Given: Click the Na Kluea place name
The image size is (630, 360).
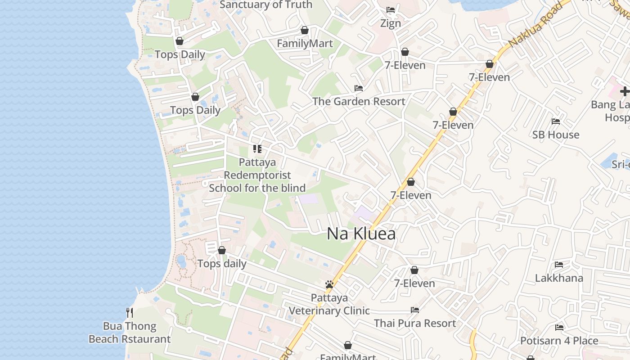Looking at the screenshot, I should (361, 234).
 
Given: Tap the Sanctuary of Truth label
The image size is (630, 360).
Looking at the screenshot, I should (265, 5).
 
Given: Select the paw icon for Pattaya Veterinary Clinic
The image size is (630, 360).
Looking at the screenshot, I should (329, 284).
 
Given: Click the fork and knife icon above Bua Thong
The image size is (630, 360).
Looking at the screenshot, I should (130, 312).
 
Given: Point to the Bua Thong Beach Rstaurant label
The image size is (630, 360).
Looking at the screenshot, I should (130, 333).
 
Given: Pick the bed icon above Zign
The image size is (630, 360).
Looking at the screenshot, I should (391, 10).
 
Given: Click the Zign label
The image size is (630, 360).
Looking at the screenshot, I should (391, 23).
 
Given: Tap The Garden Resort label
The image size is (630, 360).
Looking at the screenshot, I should (359, 101).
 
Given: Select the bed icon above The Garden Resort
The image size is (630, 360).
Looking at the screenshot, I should (359, 88).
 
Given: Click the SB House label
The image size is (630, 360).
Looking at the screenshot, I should (556, 135).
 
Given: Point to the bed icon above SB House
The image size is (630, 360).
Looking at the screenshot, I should (556, 121).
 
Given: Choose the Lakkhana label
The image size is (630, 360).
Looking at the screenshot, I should (559, 278).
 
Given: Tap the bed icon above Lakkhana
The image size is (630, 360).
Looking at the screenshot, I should (559, 264).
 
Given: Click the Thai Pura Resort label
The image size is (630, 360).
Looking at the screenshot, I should (415, 323).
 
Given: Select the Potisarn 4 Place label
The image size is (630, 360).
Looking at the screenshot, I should (559, 341).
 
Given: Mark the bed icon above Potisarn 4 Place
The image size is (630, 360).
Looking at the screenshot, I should (559, 327).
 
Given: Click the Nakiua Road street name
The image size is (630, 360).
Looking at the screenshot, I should (535, 25).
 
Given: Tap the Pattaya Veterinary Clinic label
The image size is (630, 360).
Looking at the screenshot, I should (329, 304).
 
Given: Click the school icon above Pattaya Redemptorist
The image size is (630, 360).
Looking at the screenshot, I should (257, 148).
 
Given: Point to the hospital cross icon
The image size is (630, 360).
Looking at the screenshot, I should (625, 91).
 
